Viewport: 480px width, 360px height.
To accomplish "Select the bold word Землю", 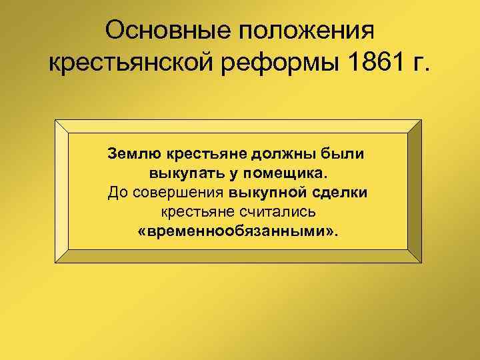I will click(x=132, y=155).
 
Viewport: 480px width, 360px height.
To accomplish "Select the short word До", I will click(x=117, y=193).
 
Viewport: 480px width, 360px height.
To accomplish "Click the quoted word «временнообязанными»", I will click(x=238, y=232).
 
